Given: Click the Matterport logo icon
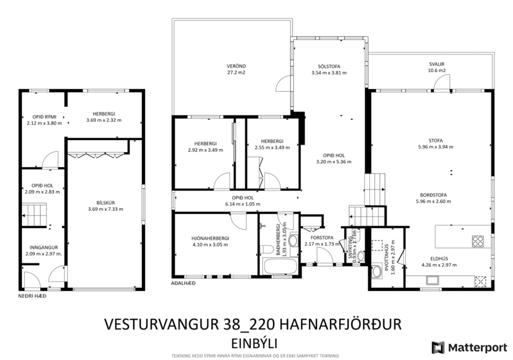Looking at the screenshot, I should [x=437, y=347].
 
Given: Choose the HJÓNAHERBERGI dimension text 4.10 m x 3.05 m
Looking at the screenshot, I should [x=210, y=244].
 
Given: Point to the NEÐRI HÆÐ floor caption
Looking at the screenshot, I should [x=31, y=296].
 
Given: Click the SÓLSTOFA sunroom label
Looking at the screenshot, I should [x=329, y=66].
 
